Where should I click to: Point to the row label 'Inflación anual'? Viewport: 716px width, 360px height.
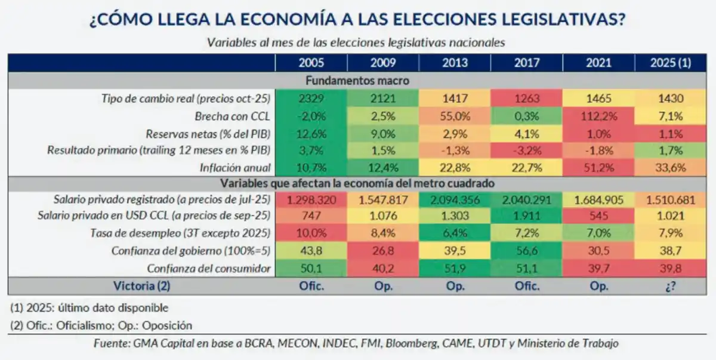[234, 167]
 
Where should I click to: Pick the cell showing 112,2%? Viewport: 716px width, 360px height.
[598, 115]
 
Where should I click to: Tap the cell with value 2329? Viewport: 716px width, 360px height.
[311, 98]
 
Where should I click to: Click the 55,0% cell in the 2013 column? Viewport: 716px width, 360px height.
[455, 115]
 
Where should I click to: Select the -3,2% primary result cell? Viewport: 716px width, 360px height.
[526, 150]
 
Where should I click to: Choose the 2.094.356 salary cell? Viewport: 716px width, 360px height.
[455, 199]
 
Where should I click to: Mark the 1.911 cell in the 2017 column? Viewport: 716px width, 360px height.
[526, 217]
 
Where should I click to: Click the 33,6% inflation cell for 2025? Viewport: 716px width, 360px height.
[671, 167]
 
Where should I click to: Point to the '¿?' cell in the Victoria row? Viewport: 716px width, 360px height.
[671, 286]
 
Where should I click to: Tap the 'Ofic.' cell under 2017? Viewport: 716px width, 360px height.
[526, 286]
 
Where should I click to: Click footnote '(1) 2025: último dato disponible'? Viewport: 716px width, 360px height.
[89, 308]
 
